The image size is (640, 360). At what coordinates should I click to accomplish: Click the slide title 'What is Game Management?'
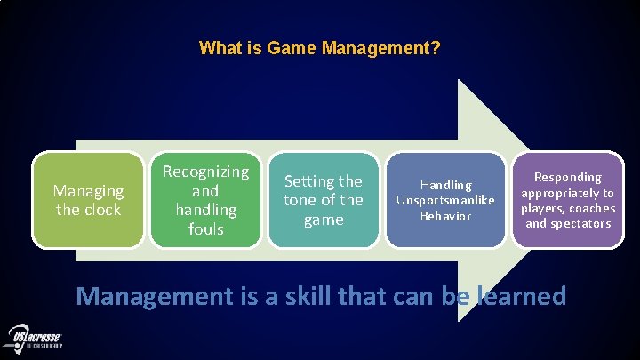pyautogui.click(x=319, y=47)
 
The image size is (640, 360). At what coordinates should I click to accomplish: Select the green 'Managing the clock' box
pyautogui.click(x=88, y=200)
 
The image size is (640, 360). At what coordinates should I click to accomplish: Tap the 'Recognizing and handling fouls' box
pyautogui.click(x=205, y=200)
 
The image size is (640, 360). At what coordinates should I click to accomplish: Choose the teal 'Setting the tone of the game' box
pyautogui.click(x=324, y=200)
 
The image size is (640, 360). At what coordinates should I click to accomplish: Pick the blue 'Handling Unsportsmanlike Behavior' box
pyautogui.click(x=446, y=200)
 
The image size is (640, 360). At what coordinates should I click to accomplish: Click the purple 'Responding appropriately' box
pyautogui.click(x=567, y=200)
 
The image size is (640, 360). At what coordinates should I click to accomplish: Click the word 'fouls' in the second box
pyautogui.click(x=205, y=229)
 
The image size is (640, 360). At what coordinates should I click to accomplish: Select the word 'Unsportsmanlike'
pyautogui.click(x=446, y=200)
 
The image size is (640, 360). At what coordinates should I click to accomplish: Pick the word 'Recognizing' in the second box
pyautogui.click(x=205, y=171)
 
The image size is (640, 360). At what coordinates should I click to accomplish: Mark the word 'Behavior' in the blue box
pyautogui.click(x=446, y=216)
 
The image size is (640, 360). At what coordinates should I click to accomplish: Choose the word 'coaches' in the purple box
pyautogui.click(x=594, y=208)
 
